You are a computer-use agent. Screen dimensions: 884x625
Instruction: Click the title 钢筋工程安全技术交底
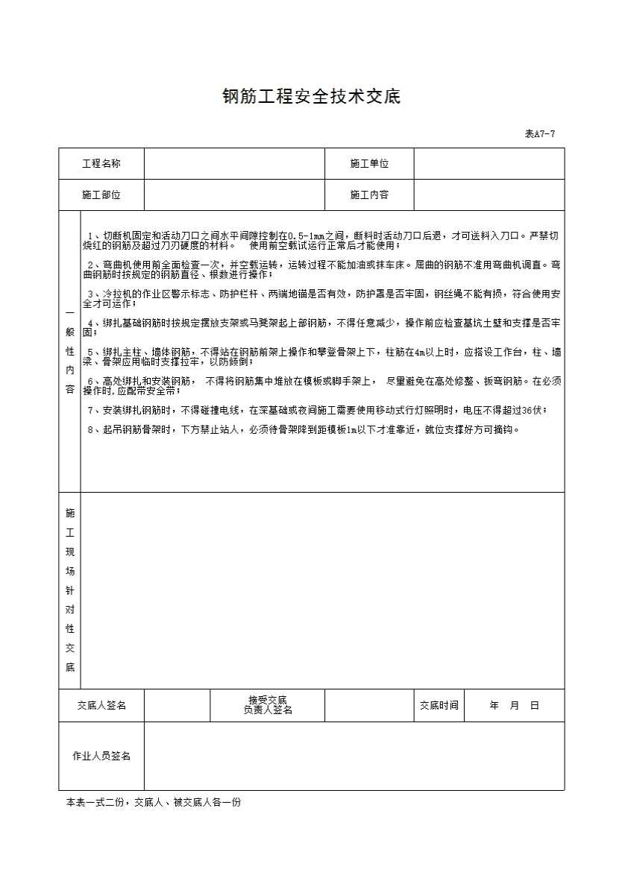coord(312,97)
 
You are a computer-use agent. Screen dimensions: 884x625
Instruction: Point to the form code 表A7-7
coord(540,134)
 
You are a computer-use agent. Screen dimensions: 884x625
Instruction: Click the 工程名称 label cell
coord(101,164)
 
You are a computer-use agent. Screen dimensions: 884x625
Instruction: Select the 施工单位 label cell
coord(369,164)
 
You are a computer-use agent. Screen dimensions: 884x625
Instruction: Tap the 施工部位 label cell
coord(101,195)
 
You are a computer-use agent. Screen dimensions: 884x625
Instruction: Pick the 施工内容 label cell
coord(369,195)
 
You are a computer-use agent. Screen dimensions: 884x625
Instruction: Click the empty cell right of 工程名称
coord(234,164)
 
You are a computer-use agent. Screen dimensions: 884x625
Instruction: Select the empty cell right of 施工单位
coord(489,164)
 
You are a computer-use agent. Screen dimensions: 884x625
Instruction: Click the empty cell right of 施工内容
coord(489,195)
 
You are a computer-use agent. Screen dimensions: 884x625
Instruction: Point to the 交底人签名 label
coord(101,705)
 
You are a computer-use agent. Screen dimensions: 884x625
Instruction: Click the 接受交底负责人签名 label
coord(267,705)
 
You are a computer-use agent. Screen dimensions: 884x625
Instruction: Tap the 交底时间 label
coord(439,705)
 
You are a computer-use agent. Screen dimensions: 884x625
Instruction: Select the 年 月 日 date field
coord(514,705)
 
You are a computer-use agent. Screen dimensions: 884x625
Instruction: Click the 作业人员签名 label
coord(101,756)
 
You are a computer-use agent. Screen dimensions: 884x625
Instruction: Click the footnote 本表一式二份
coord(153,803)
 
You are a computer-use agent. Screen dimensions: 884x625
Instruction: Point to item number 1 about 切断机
coord(90,236)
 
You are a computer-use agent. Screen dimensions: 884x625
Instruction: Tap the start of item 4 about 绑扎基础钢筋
coord(90,323)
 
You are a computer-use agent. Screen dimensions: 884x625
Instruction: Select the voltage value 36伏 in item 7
coord(535,410)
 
